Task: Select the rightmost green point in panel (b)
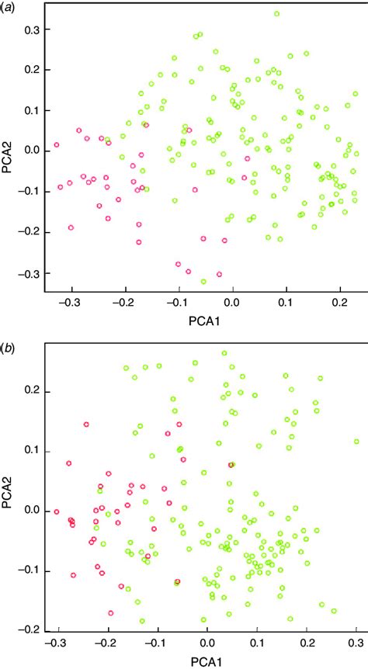click(x=356, y=442)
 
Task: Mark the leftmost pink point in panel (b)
click(x=56, y=511)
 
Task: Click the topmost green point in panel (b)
click(x=224, y=353)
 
